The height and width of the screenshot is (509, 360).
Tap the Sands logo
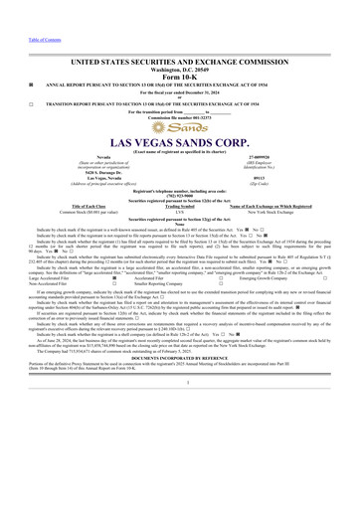point(179,128)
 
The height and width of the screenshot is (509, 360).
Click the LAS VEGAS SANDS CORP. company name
point(180,146)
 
